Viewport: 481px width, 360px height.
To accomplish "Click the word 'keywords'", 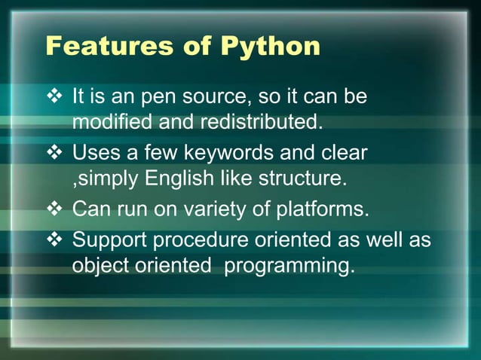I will (x=227, y=154).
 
